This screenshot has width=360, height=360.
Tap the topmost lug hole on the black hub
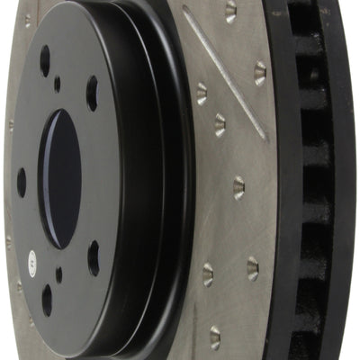point(45,60)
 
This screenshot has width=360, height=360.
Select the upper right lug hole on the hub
point(92,93)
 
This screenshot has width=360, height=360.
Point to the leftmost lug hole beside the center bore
point(22,182)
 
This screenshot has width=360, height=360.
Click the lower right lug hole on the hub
point(94,257)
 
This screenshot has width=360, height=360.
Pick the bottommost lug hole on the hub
point(47,300)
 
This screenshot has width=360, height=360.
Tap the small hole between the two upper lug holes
point(58,84)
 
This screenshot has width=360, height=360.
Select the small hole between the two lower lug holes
point(58,274)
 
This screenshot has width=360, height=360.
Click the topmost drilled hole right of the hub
point(230,10)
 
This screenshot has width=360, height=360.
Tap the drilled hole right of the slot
point(260,73)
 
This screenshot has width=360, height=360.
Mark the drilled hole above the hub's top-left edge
point(27,20)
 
